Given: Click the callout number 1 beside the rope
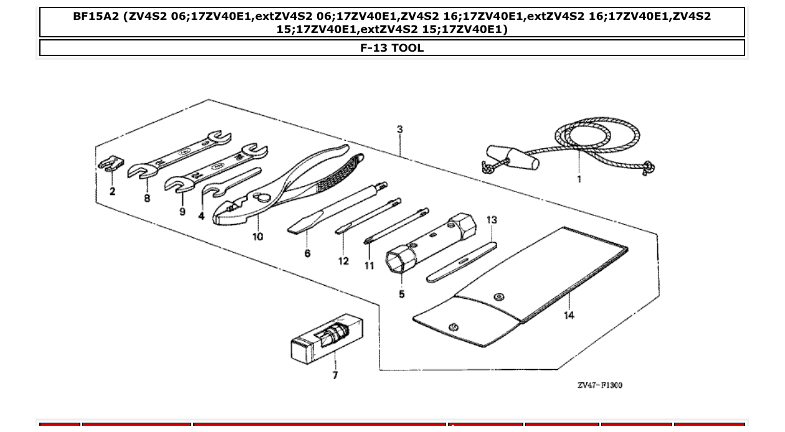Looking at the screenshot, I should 579,179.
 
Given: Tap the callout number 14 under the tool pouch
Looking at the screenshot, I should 569,315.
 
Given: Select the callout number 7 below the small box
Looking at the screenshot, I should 335,375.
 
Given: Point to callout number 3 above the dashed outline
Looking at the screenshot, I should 399,129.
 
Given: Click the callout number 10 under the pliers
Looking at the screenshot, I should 257,237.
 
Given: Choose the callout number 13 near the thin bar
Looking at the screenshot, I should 492,220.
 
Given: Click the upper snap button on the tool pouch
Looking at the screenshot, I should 498,296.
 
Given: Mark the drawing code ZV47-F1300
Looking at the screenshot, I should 599,385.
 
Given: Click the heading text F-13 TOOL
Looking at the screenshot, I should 392,48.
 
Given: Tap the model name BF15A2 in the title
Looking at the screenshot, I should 96,17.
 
